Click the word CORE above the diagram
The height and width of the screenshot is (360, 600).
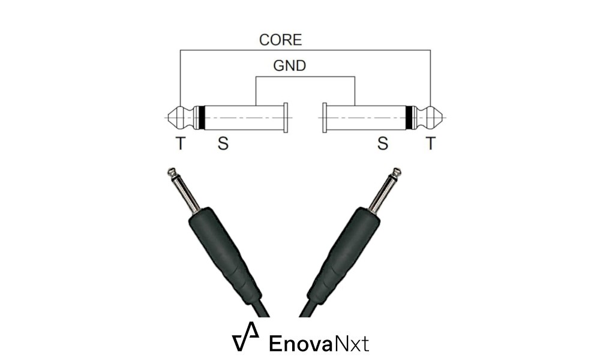[280, 41]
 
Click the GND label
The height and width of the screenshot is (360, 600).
[289, 66]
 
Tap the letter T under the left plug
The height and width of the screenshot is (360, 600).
[180, 144]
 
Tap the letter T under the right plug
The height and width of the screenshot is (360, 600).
[430, 144]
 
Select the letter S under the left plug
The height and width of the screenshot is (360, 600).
[223, 144]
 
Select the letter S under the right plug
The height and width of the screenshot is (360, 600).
[383, 144]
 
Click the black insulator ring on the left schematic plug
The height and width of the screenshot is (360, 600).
[202, 118]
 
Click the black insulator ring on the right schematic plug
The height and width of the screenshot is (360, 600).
[409, 118]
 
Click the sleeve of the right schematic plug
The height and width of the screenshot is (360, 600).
[366, 118]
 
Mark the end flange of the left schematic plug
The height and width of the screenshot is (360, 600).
[286, 118]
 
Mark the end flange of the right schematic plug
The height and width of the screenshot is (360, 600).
[325, 118]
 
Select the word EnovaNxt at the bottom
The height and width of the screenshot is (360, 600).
[319, 343]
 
